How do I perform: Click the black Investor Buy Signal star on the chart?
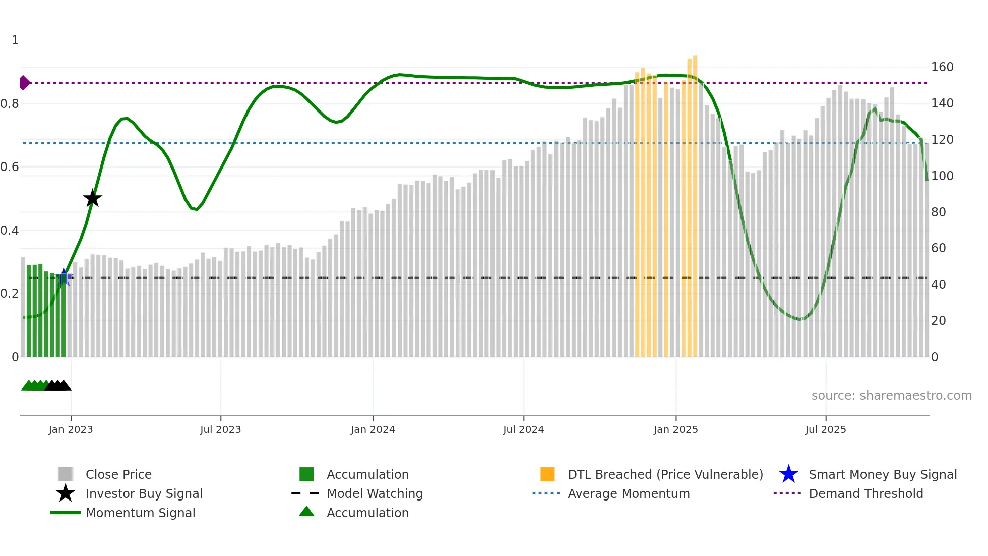(x=92, y=198)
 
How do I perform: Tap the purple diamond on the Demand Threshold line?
(x=24, y=83)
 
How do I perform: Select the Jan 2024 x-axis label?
(x=373, y=429)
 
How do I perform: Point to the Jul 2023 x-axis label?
(x=220, y=429)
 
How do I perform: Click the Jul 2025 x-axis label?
(x=825, y=429)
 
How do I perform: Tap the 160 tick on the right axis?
(x=942, y=67)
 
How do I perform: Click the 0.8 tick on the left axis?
(x=10, y=104)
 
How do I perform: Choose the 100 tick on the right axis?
(x=942, y=176)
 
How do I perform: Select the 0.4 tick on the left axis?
(x=10, y=231)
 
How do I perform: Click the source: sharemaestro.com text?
(x=891, y=396)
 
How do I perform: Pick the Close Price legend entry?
(x=118, y=474)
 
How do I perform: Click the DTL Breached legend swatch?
(x=547, y=474)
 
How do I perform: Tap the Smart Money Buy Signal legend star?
(x=788, y=474)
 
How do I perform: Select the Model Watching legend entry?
(x=374, y=493)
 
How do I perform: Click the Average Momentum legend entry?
(x=628, y=493)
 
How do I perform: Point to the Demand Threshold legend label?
(x=866, y=493)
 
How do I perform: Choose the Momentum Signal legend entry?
(x=140, y=513)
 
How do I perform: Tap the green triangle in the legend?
(x=306, y=512)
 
